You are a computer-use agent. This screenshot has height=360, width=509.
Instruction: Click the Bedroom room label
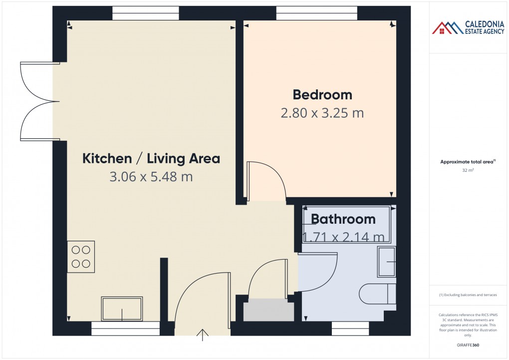(x=322, y=94)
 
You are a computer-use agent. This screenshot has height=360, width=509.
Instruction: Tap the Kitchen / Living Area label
(x=151, y=159)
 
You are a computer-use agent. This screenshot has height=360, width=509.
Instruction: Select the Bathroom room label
(x=343, y=219)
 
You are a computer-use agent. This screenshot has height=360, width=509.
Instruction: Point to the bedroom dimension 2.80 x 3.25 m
(x=322, y=113)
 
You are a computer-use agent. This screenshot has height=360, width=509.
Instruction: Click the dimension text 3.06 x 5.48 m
(x=151, y=177)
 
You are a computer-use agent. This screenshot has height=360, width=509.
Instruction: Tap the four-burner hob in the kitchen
(x=81, y=257)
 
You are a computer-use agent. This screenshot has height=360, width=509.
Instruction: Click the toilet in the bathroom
(x=378, y=294)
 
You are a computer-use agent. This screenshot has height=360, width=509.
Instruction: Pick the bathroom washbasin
(x=386, y=262)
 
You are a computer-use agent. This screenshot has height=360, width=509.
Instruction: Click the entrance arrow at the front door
(x=203, y=335)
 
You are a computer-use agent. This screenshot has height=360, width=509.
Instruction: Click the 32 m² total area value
(x=468, y=170)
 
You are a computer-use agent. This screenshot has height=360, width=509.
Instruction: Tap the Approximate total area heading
(x=468, y=161)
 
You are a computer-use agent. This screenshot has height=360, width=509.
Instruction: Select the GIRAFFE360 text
(x=468, y=345)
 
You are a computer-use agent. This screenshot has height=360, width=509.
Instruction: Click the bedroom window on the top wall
(x=316, y=13)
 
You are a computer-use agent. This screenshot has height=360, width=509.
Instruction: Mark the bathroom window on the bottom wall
(x=350, y=329)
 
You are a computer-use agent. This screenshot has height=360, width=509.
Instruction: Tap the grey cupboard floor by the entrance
(x=268, y=310)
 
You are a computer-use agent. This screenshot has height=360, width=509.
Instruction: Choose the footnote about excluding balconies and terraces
(x=468, y=295)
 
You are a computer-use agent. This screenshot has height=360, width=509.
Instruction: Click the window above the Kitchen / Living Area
(x=145, y=13)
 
